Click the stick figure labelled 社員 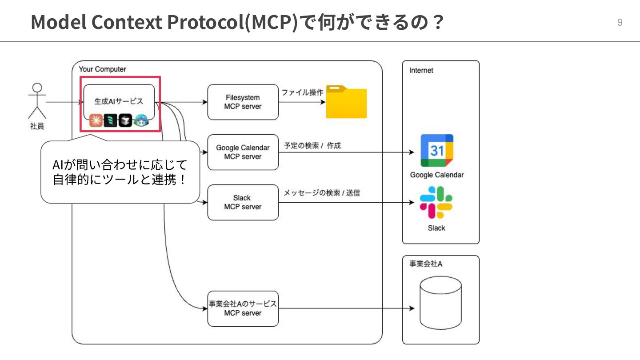tap(37, 101)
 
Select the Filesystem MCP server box tap(243, 102)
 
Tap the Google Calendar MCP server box tap(243, 152)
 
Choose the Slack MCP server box tap(243, 202)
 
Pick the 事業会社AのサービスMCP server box tap(243, 308)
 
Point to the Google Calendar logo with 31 tap(437, 151)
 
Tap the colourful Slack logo tap(436, 203)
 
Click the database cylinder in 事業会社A tap(440, 302)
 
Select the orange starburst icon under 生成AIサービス tap(96, 120)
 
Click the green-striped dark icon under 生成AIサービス tap(111, 120)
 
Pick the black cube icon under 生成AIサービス tap(125, 120)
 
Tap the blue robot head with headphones tap(141, 120)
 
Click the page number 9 tap(620, 23)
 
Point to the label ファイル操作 tap(302, 92)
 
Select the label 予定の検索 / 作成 tap(312, 145)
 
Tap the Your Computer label tap(102, 69)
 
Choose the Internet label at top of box tap(421, 70)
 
